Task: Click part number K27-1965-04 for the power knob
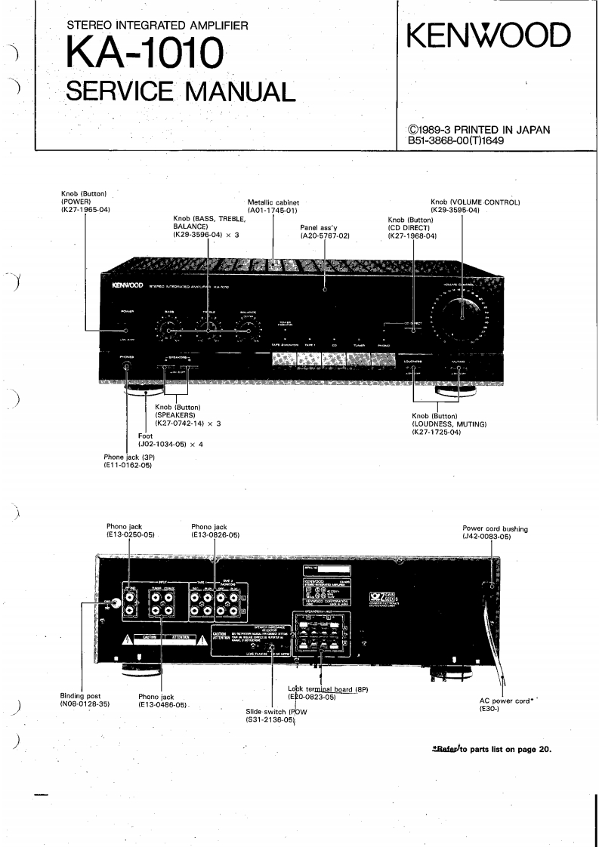[85, 209]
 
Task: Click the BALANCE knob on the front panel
[244, 327]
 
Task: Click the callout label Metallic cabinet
[273, 202]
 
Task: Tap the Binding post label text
[79, 695]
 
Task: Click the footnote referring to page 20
[492, 750]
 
